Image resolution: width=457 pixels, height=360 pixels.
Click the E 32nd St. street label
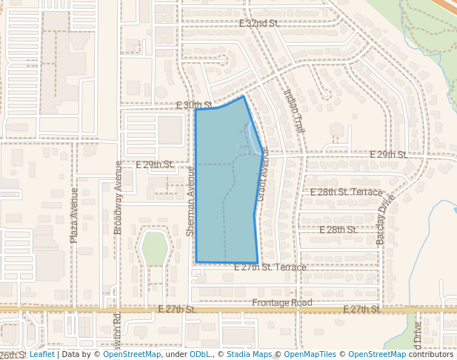coord(258,24)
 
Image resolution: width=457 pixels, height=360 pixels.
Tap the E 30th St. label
coord(195,105)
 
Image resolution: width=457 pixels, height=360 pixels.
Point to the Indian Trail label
coord(294,111)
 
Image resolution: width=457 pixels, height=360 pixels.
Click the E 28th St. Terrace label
coord(346,192)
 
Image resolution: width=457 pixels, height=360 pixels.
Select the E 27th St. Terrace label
coord(270,267)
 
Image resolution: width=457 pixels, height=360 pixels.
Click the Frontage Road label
coord(282,303)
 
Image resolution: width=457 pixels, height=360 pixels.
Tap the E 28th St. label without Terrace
coord(338,230)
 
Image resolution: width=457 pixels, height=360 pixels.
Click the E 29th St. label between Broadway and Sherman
coord(155,164)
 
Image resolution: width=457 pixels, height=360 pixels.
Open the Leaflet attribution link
coord(41,355)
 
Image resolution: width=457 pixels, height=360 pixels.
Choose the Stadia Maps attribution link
coord(248,355)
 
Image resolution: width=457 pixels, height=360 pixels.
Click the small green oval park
coord(155,248)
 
